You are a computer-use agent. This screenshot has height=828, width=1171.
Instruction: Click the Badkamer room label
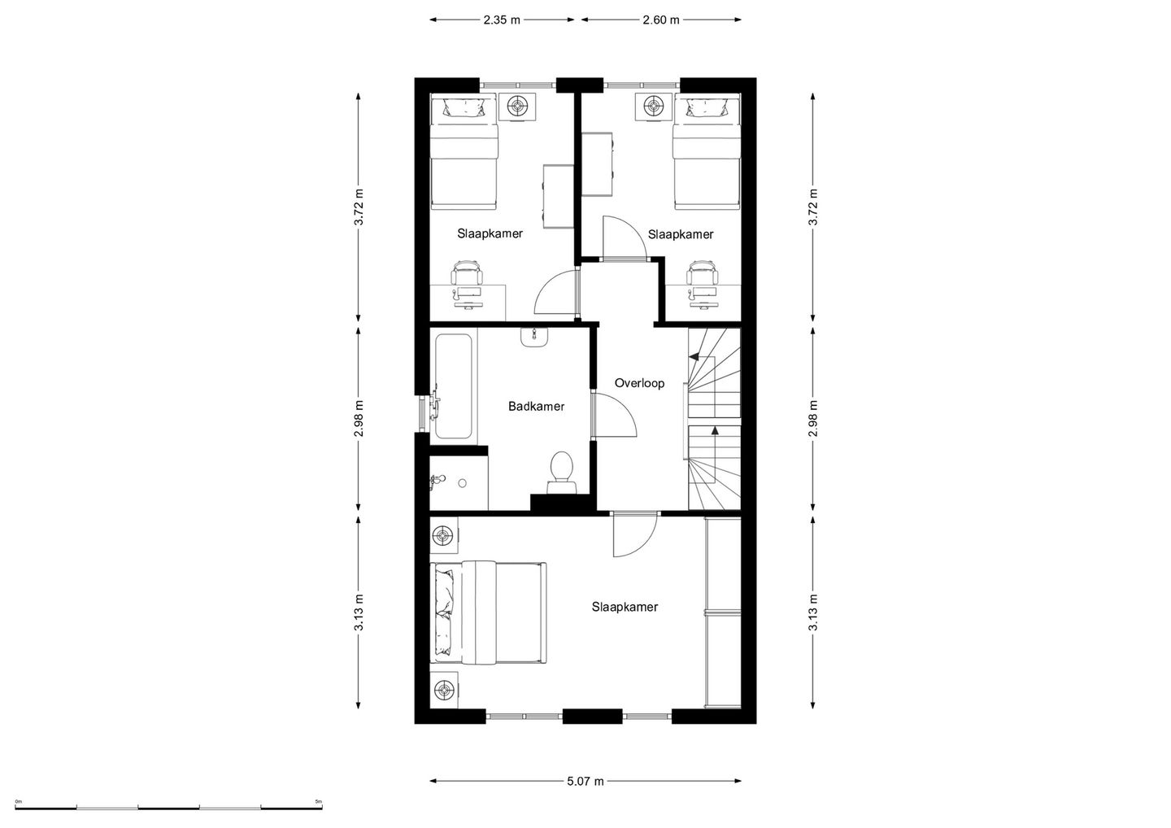coord(536,406)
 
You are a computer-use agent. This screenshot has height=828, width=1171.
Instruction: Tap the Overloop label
coord(639,383)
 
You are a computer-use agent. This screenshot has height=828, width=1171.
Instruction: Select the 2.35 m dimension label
coord(501,20)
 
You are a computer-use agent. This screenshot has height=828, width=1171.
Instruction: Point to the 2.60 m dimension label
coord(661,20)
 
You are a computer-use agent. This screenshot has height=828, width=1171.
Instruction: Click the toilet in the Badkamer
coord(561,473)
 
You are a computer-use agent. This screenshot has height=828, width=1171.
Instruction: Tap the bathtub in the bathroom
coord(453,386)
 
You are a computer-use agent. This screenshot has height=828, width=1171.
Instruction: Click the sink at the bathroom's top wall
coord(533,338)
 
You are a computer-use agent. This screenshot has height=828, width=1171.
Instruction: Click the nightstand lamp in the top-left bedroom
coord(517,107)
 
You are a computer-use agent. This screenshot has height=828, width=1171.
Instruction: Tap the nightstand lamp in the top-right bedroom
coord(653,107)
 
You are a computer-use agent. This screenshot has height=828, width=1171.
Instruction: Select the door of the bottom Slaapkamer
coord(634,536)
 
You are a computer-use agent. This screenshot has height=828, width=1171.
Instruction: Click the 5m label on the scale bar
coord(319,801)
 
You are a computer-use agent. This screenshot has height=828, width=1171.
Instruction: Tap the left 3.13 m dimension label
coord(359,612)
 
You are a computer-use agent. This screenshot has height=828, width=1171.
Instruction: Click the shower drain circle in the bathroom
coord(462,483)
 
